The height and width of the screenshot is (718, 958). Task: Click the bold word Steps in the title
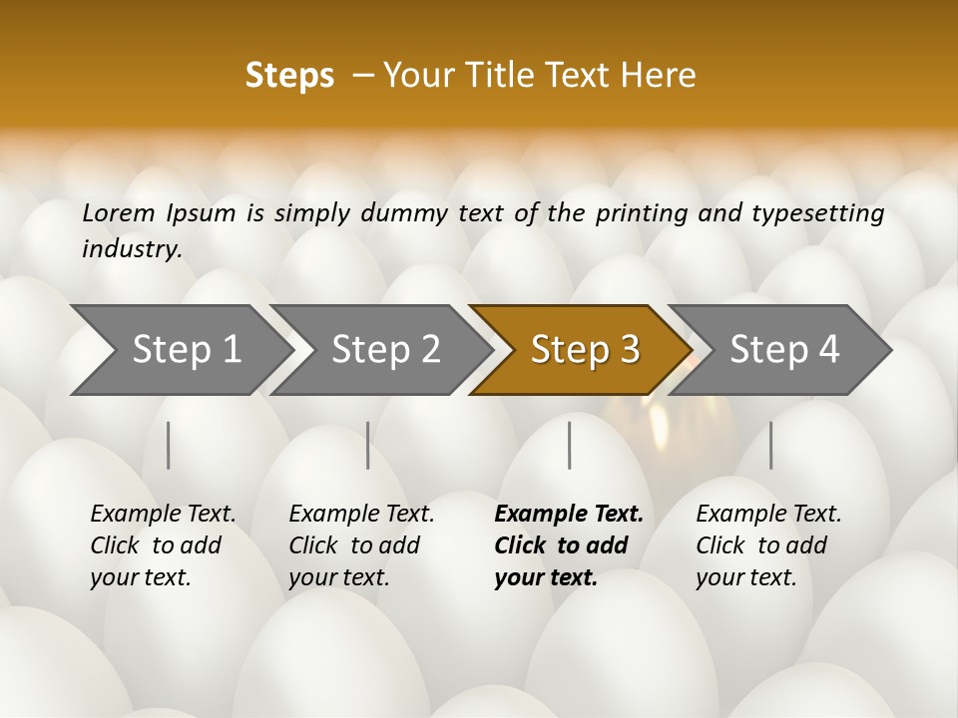[289, 76]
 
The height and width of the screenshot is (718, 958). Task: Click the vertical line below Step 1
[169, 445]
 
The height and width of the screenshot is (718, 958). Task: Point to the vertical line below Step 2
[368, 445]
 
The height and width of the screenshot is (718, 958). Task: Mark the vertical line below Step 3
[569, 445]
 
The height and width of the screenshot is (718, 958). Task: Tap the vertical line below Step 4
[770, 445]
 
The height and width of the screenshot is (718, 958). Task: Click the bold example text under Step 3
[568, 545]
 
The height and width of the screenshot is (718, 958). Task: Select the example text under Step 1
[163, 545]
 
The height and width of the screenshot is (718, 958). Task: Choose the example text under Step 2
[361, 545]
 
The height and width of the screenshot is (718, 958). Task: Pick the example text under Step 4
[768, 545]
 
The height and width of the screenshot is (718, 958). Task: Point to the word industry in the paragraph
[131, 249]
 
